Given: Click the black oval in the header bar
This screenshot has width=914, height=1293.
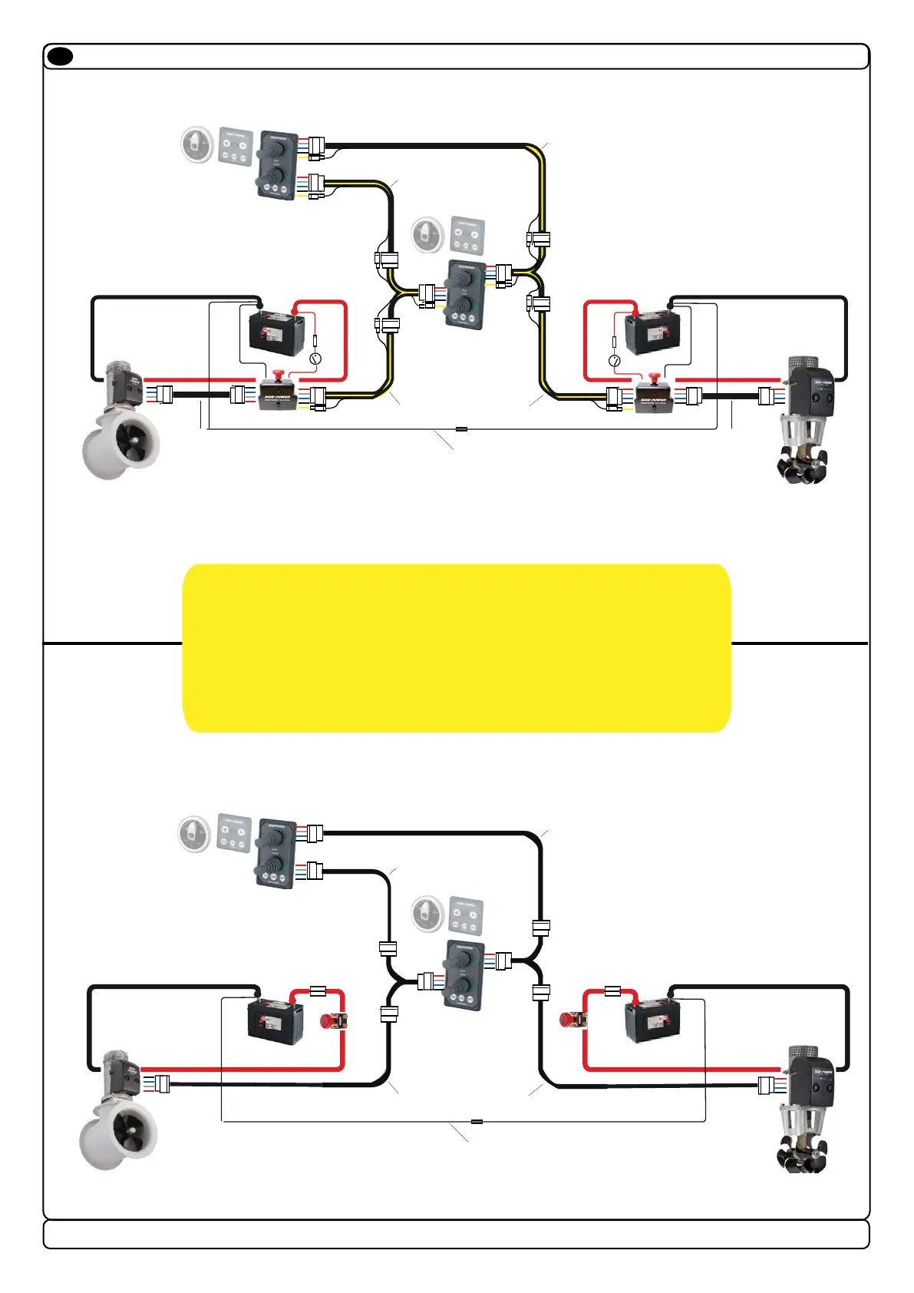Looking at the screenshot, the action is click(60, 56).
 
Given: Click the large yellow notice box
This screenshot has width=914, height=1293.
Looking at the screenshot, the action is click(457, 648).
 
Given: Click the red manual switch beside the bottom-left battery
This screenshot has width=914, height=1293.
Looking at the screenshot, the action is click(333, 1021).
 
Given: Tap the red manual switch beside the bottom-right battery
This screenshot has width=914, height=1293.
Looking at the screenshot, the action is click(572, 1020).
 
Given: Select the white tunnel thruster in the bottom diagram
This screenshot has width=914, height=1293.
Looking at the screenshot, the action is click(119, 1113).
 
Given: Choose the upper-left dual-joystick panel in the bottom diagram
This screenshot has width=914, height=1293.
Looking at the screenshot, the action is click(275, 853).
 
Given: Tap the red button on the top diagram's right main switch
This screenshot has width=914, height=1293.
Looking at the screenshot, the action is click(654, 377).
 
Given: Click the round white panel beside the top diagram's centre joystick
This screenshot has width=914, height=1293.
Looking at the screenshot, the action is click(428, 234).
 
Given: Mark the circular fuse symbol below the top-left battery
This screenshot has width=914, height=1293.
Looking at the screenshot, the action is click(315, 359).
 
